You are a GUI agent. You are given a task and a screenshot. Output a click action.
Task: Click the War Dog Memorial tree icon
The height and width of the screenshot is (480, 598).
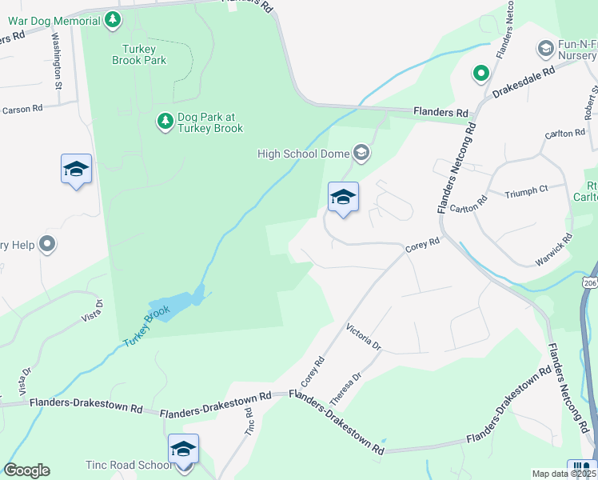[114, 20]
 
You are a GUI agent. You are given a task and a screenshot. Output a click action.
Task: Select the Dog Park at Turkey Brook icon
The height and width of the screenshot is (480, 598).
[165, 122]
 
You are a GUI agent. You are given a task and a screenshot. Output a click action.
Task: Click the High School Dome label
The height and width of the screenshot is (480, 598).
[304, 153]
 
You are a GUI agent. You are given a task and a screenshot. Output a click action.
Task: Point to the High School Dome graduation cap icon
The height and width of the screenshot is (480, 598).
[361, 152]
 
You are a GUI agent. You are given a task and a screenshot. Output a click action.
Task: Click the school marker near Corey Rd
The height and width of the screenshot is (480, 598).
[343, 198]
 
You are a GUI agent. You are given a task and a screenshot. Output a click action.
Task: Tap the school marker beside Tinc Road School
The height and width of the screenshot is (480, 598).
[183, 450]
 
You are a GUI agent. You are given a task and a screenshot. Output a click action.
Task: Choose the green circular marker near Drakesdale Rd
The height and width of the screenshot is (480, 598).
[480, 74]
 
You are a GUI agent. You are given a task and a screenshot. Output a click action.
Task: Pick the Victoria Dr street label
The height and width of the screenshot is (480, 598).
[365, 337]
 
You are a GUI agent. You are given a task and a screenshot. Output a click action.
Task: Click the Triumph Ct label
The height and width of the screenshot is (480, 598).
[527, 190]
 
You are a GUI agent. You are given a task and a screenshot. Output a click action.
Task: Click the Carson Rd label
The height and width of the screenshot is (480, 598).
[23, 110]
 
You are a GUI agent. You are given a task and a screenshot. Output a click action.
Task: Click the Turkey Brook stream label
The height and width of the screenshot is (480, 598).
[147, 326]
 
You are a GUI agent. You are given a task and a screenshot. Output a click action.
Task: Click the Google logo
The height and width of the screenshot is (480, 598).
[26, 470]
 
